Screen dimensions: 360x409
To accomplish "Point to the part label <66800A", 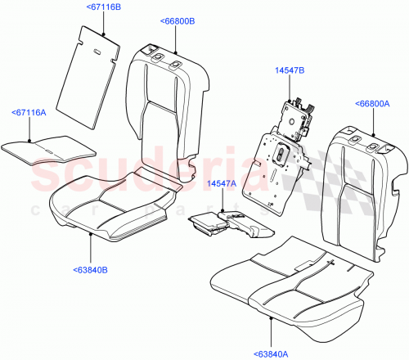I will (x=375, y=104).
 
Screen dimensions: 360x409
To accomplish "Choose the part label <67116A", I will (x=29, y=113).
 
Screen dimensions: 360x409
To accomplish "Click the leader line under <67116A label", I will (x=30, y=128).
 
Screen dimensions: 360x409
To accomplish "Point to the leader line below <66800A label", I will (x=374, y=121).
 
